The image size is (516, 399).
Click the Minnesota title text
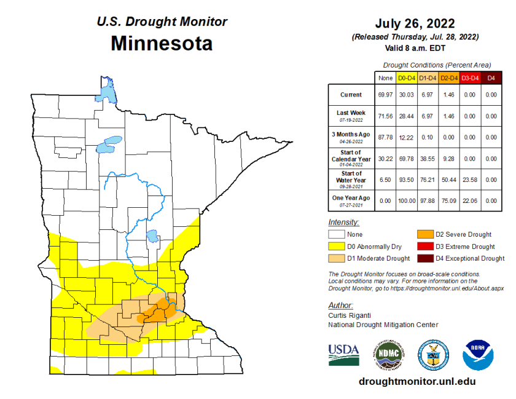pyautogui.click(x=162, y=44)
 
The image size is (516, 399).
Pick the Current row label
pyautogui.click(x=351, y=95)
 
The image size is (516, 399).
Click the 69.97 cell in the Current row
pyautogui.click(x=385, y=95)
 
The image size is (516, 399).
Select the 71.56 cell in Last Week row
pyautogui.click(x=385, y=116)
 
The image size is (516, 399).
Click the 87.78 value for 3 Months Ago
pyautogui.click(x=385, y=137)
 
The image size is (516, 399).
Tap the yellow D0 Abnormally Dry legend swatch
pyautogui.click(x=336, y=247)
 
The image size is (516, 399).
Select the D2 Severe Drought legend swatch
pyautogui.click(x=425, y=234)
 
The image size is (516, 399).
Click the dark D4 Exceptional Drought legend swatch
pyautogui.click(x=425, y=258)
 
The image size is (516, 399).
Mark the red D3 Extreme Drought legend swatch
pyautogui.click(x=425, y=247)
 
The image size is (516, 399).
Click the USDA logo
pyautogui.click(x=344, y=354)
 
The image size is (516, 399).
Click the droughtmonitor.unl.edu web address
pyautogui.click(x=417, y=381)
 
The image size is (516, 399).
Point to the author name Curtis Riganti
pyautogui.click(x=348, y=315)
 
